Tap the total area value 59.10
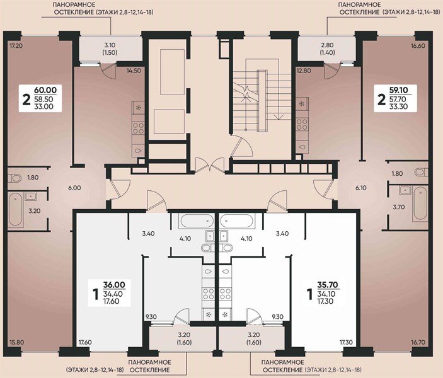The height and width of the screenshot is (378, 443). (x=397, y=90)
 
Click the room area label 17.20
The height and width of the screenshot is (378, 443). (x=16, y=47)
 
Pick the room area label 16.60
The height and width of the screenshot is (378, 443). (x=419, y=47)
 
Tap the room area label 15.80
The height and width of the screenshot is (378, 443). (x=16, y=342)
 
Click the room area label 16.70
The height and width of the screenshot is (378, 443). (x=419, y=342)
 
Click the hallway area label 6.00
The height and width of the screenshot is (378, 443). (x=75, y=188)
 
